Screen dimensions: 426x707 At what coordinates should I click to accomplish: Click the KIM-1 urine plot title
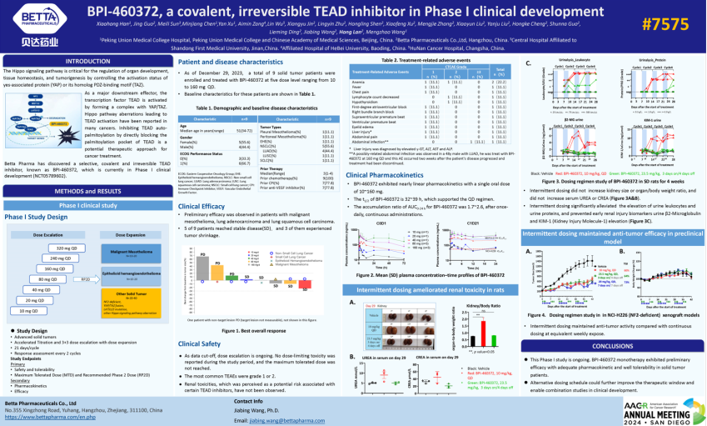[x=644, y=120]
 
